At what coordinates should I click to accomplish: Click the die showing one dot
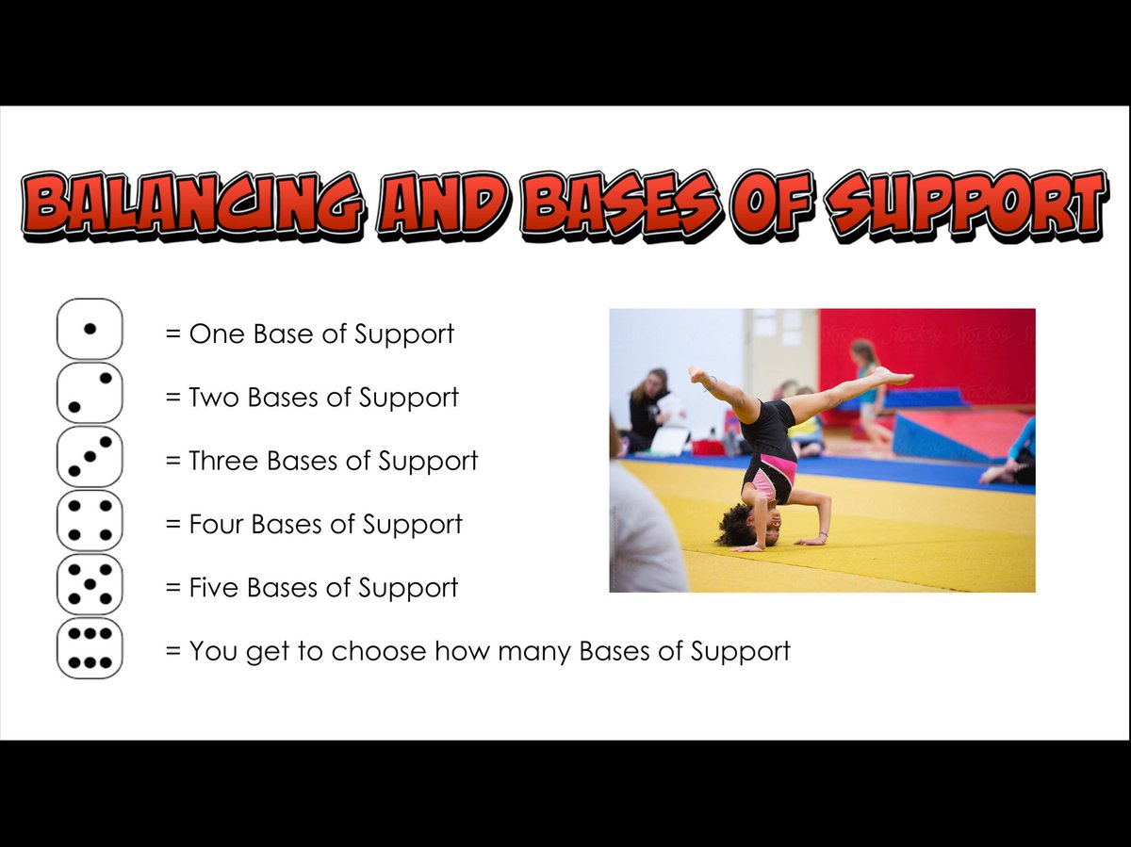(90, 329)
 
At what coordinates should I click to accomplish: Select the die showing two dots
(90, 392)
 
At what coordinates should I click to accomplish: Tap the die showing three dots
(90, 456)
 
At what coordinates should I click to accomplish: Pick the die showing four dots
(90, 520)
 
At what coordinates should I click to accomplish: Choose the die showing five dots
(90, 584)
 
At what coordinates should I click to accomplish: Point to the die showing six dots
(90, 647)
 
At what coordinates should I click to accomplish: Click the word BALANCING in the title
(193, 202)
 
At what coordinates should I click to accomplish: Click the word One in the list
(216, 334)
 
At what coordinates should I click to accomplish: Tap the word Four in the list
(217, 525)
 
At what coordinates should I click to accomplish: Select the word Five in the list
(216, 588)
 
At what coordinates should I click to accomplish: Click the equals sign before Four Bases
(172, 525)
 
